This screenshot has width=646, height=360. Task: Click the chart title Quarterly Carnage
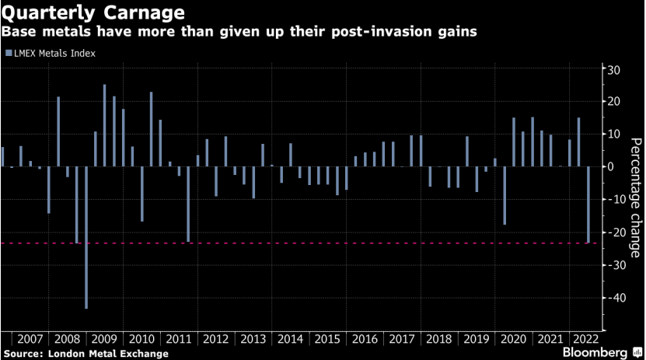93,13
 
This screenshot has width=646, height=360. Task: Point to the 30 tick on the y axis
613,70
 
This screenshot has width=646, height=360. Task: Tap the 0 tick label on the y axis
610,167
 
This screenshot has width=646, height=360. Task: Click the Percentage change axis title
635,197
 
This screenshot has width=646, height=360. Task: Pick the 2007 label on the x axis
30,339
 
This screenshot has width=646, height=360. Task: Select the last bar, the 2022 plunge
588,205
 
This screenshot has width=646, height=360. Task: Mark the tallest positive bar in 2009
105,125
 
